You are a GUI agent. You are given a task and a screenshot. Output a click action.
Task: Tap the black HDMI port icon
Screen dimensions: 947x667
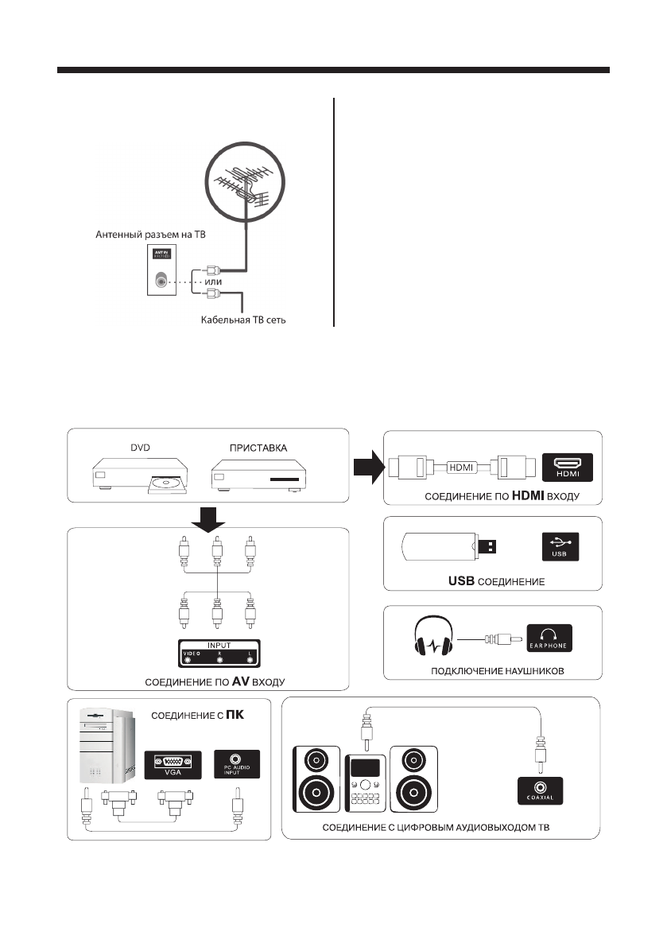568,468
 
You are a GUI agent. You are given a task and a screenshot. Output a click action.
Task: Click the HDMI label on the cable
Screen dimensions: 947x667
462,468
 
